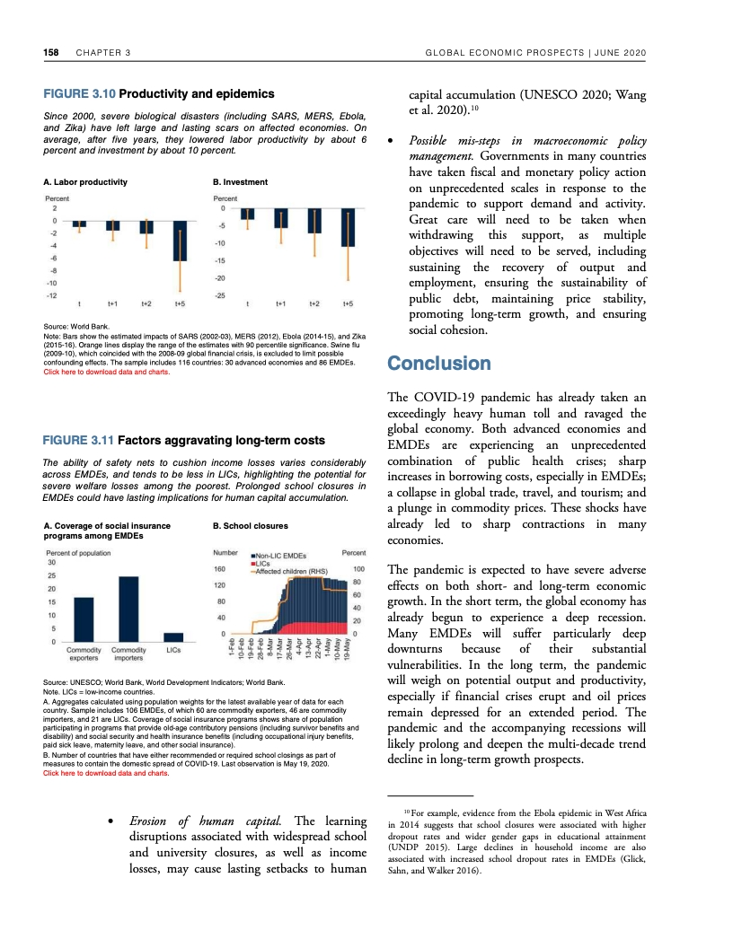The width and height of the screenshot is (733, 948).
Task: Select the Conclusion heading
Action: [438, 364]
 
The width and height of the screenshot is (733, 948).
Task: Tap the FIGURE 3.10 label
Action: [79, 93]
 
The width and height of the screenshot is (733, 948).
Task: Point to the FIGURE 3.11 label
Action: [79, 441]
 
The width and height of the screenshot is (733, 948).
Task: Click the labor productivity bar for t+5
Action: [180, 241]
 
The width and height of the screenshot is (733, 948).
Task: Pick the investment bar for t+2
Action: [314, 221]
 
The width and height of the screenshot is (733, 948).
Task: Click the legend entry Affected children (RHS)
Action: [294, 570]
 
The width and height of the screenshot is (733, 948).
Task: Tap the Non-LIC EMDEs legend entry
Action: [283, 556]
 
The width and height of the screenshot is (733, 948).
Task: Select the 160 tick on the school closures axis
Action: [219, 569]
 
